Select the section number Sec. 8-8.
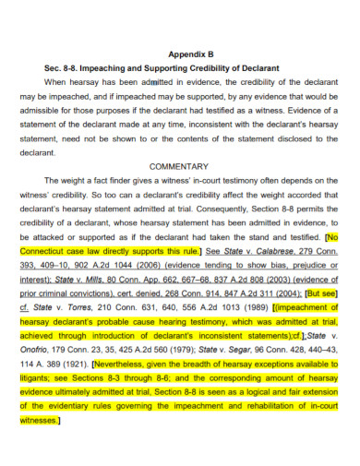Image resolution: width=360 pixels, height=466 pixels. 64,68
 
